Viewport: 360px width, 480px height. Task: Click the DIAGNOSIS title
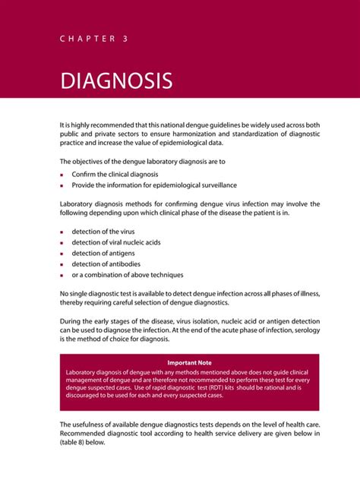point(116,80)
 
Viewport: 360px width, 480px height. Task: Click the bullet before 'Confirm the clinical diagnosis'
point(62,175)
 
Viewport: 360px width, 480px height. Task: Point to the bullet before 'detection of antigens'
point(62,253)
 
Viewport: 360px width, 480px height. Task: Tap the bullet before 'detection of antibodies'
point(62,264)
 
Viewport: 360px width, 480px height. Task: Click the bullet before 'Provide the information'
point(62,185)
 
